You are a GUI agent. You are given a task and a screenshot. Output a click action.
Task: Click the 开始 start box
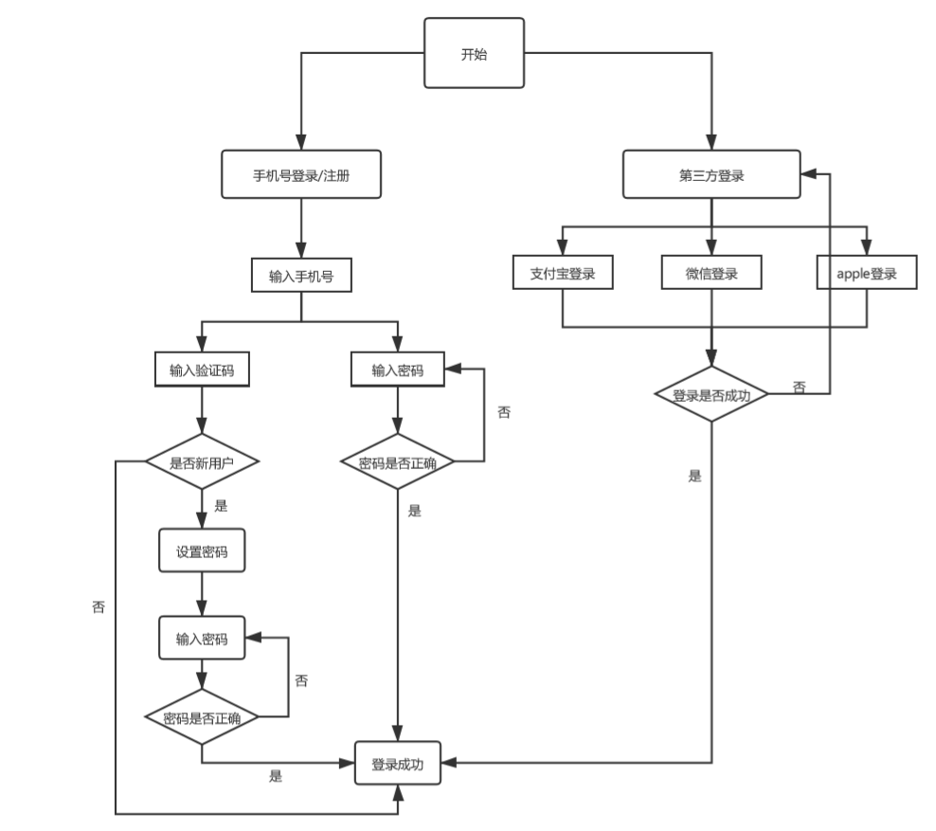(475, 54)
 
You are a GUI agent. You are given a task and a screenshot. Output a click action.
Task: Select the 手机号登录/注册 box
(301, 175)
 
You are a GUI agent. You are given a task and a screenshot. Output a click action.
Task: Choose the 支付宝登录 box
(563, 275)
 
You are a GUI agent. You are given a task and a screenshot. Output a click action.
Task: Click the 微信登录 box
(711, 275)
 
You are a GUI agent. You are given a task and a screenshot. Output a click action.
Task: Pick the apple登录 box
(866, 275)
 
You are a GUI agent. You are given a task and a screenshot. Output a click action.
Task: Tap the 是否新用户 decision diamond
(202, 462)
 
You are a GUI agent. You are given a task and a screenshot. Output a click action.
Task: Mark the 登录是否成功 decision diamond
(711, 395)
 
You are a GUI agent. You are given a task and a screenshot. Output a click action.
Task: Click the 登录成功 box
(398, 763)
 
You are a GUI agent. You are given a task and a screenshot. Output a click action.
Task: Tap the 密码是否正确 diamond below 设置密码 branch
(202, 717)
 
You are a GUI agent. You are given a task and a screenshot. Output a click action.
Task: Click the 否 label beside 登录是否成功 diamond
(799, 387)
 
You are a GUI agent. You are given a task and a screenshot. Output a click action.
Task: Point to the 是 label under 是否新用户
(221, 506)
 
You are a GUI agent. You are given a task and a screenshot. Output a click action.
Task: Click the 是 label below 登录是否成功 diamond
(694, 476)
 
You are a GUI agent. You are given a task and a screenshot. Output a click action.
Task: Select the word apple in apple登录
(851, 275)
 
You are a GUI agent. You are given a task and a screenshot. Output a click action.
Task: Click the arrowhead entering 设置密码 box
(202, 523)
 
